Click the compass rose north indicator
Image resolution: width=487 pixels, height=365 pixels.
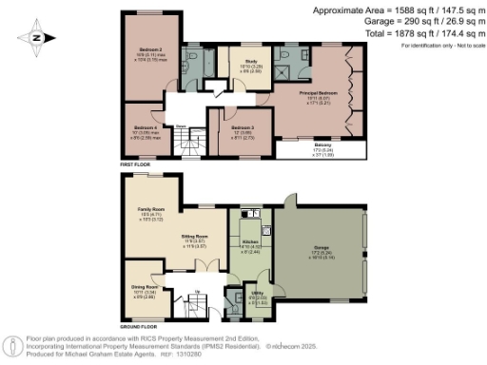[35, 38]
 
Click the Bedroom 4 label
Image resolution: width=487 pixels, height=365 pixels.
[145, 127]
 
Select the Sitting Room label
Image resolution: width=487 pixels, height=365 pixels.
[195, 234]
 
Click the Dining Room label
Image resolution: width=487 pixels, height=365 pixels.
[145, 288]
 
